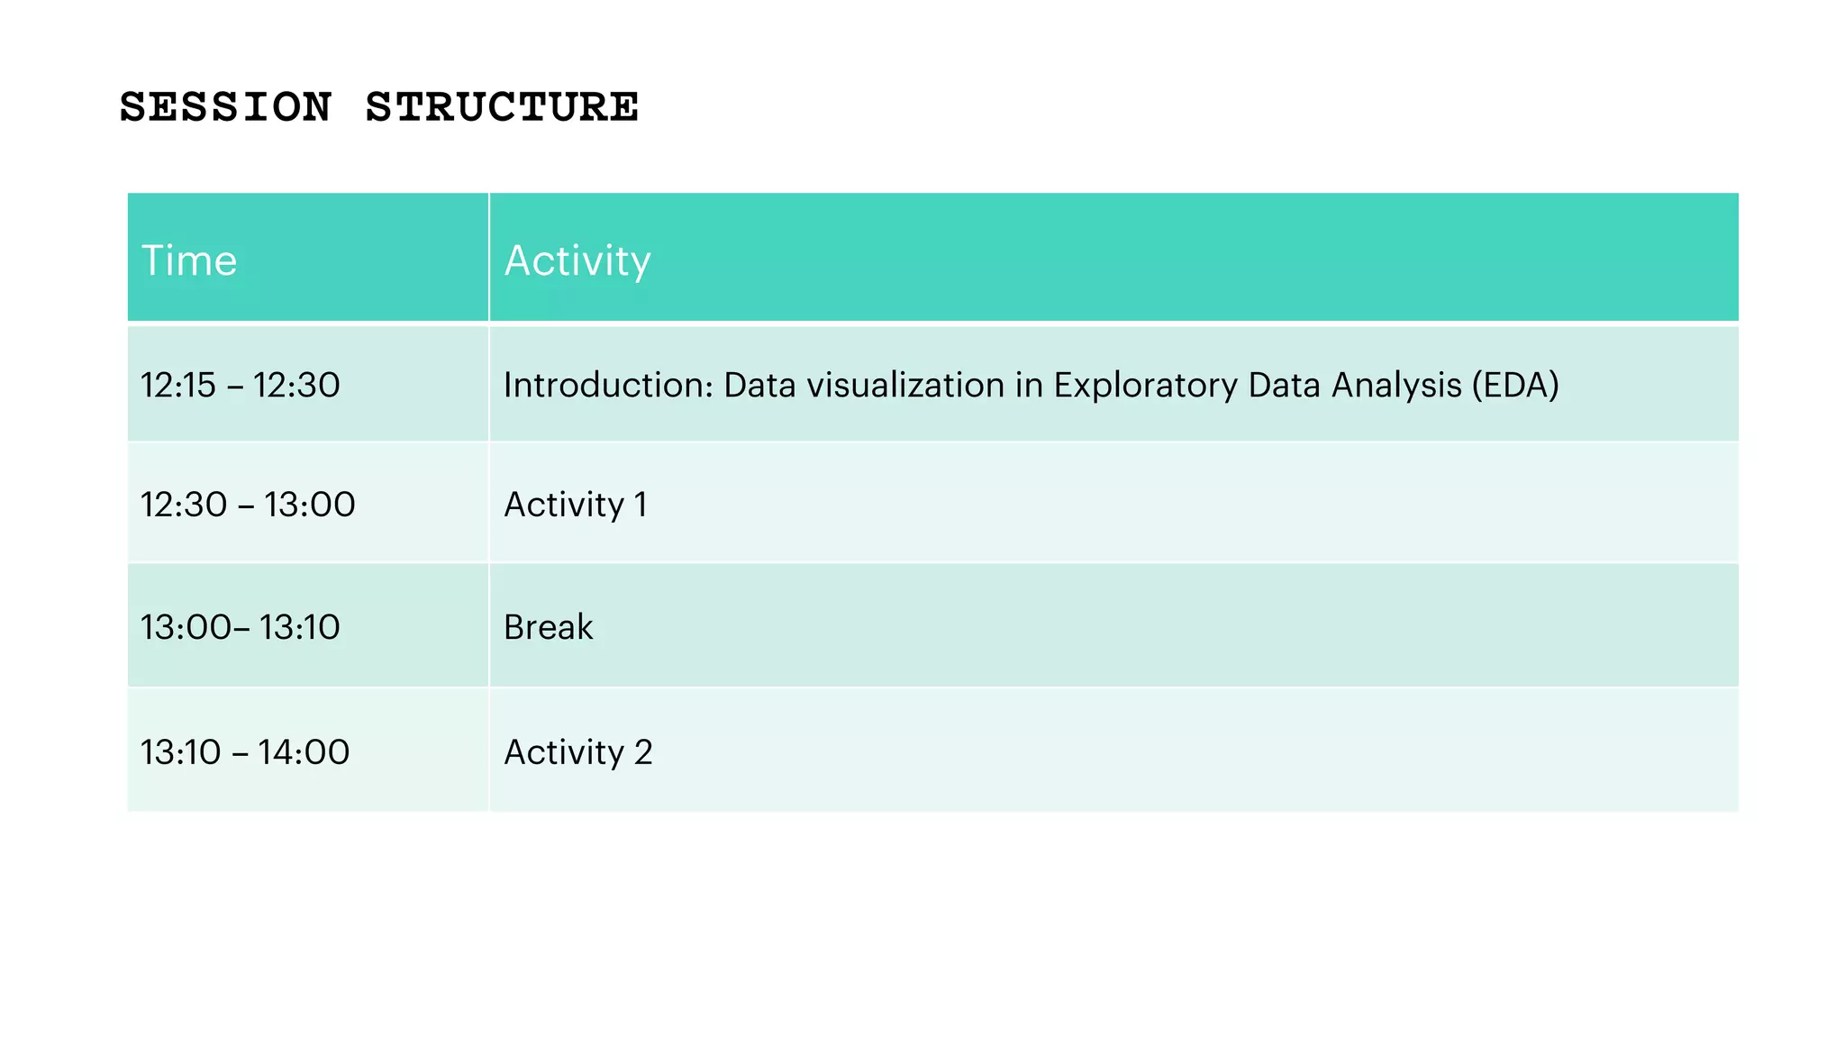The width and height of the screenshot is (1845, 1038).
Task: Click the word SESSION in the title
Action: [x=225, y=107]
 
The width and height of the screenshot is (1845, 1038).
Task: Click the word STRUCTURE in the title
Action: [x=502, y=107]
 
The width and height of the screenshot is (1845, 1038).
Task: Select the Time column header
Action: [x=189, y=260]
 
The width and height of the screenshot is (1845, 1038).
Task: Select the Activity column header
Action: [x=577, y=260]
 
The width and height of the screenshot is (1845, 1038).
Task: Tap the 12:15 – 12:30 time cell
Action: [x=241, y=385]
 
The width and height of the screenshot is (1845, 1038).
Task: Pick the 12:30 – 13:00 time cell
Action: [x=248, y=505]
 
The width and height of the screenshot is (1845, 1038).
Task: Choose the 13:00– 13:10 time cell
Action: [x=241, y=627]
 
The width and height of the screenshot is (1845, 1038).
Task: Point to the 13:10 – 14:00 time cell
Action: [x=245, y=751]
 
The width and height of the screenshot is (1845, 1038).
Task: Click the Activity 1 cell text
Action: [x=575, y=505]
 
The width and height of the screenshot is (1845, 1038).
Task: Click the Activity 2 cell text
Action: [x=577, y=751]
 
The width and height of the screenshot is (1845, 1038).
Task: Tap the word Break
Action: [x=548, y=627]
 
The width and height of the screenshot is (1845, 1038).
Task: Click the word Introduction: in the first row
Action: [x=608, y=385]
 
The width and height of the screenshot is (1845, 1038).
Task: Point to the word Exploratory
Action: [x=1146, y=385]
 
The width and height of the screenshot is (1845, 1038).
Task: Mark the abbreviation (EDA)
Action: [x=1515, y=385]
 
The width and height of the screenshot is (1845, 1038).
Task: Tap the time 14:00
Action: [x=304, y=751]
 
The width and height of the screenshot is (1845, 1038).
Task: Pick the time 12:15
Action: [x=178, y=385]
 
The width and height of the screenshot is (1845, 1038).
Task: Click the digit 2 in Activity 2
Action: [x=643, y=751]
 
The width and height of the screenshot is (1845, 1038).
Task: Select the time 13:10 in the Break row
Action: [x=300, y=627]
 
